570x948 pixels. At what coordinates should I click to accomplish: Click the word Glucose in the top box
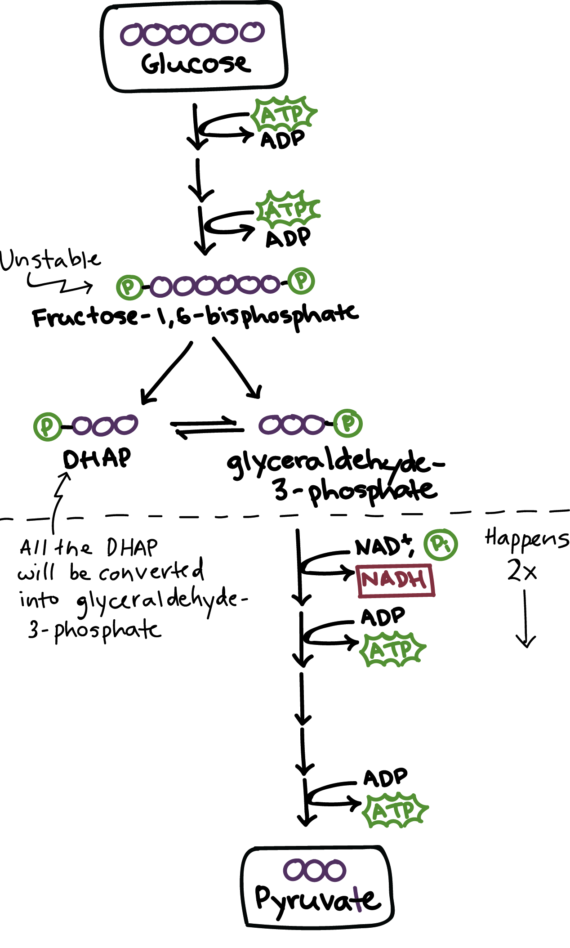196,64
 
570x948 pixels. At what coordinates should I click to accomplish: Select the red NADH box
396,580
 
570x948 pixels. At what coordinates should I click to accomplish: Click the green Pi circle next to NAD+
441,545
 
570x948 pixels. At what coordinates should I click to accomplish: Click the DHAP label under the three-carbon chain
97,459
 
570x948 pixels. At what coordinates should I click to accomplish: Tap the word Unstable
50,260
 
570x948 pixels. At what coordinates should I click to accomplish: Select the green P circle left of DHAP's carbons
47,426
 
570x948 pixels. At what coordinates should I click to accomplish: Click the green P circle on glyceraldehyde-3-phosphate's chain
348,423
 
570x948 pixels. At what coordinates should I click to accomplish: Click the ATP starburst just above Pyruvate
395,810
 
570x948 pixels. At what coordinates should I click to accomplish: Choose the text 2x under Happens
522,571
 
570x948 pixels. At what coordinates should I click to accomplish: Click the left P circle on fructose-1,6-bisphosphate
129,287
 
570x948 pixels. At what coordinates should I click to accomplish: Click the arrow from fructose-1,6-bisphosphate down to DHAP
166,373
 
